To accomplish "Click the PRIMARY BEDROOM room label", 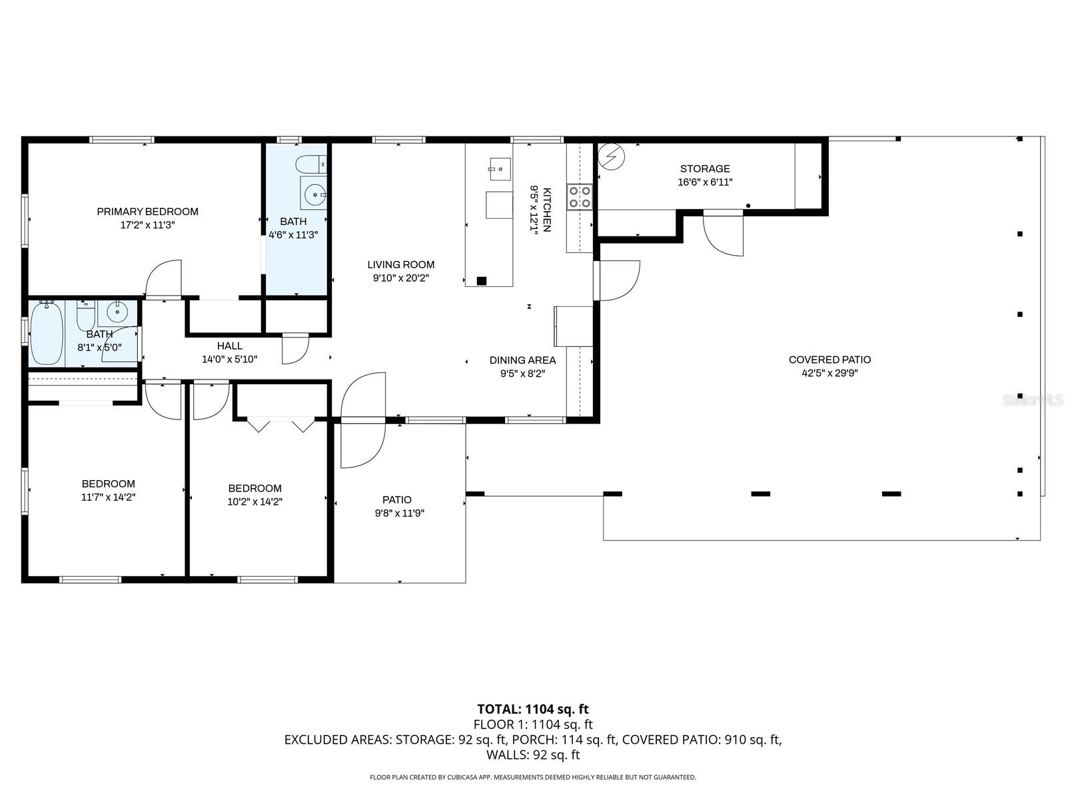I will (x=147, y=212).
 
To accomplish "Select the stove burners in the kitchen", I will (x=579, y=196).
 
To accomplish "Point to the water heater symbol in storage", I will (x=611, y=157).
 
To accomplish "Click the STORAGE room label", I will (x=705, y=169).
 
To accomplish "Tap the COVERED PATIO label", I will (x=829, y=360).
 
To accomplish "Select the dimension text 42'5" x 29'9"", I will (x=829, y=374).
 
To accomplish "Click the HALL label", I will (x=229, y=346).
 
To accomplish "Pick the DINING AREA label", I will (x=522, y=360).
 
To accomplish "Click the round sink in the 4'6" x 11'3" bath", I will (x=314, y=194).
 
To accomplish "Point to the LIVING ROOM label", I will (x=400, y=264).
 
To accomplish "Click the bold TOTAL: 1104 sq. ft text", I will (x=532, y=709).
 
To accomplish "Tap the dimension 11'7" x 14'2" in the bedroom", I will (x=108, y=497).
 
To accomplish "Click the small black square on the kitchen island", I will (x=481, y=280).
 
